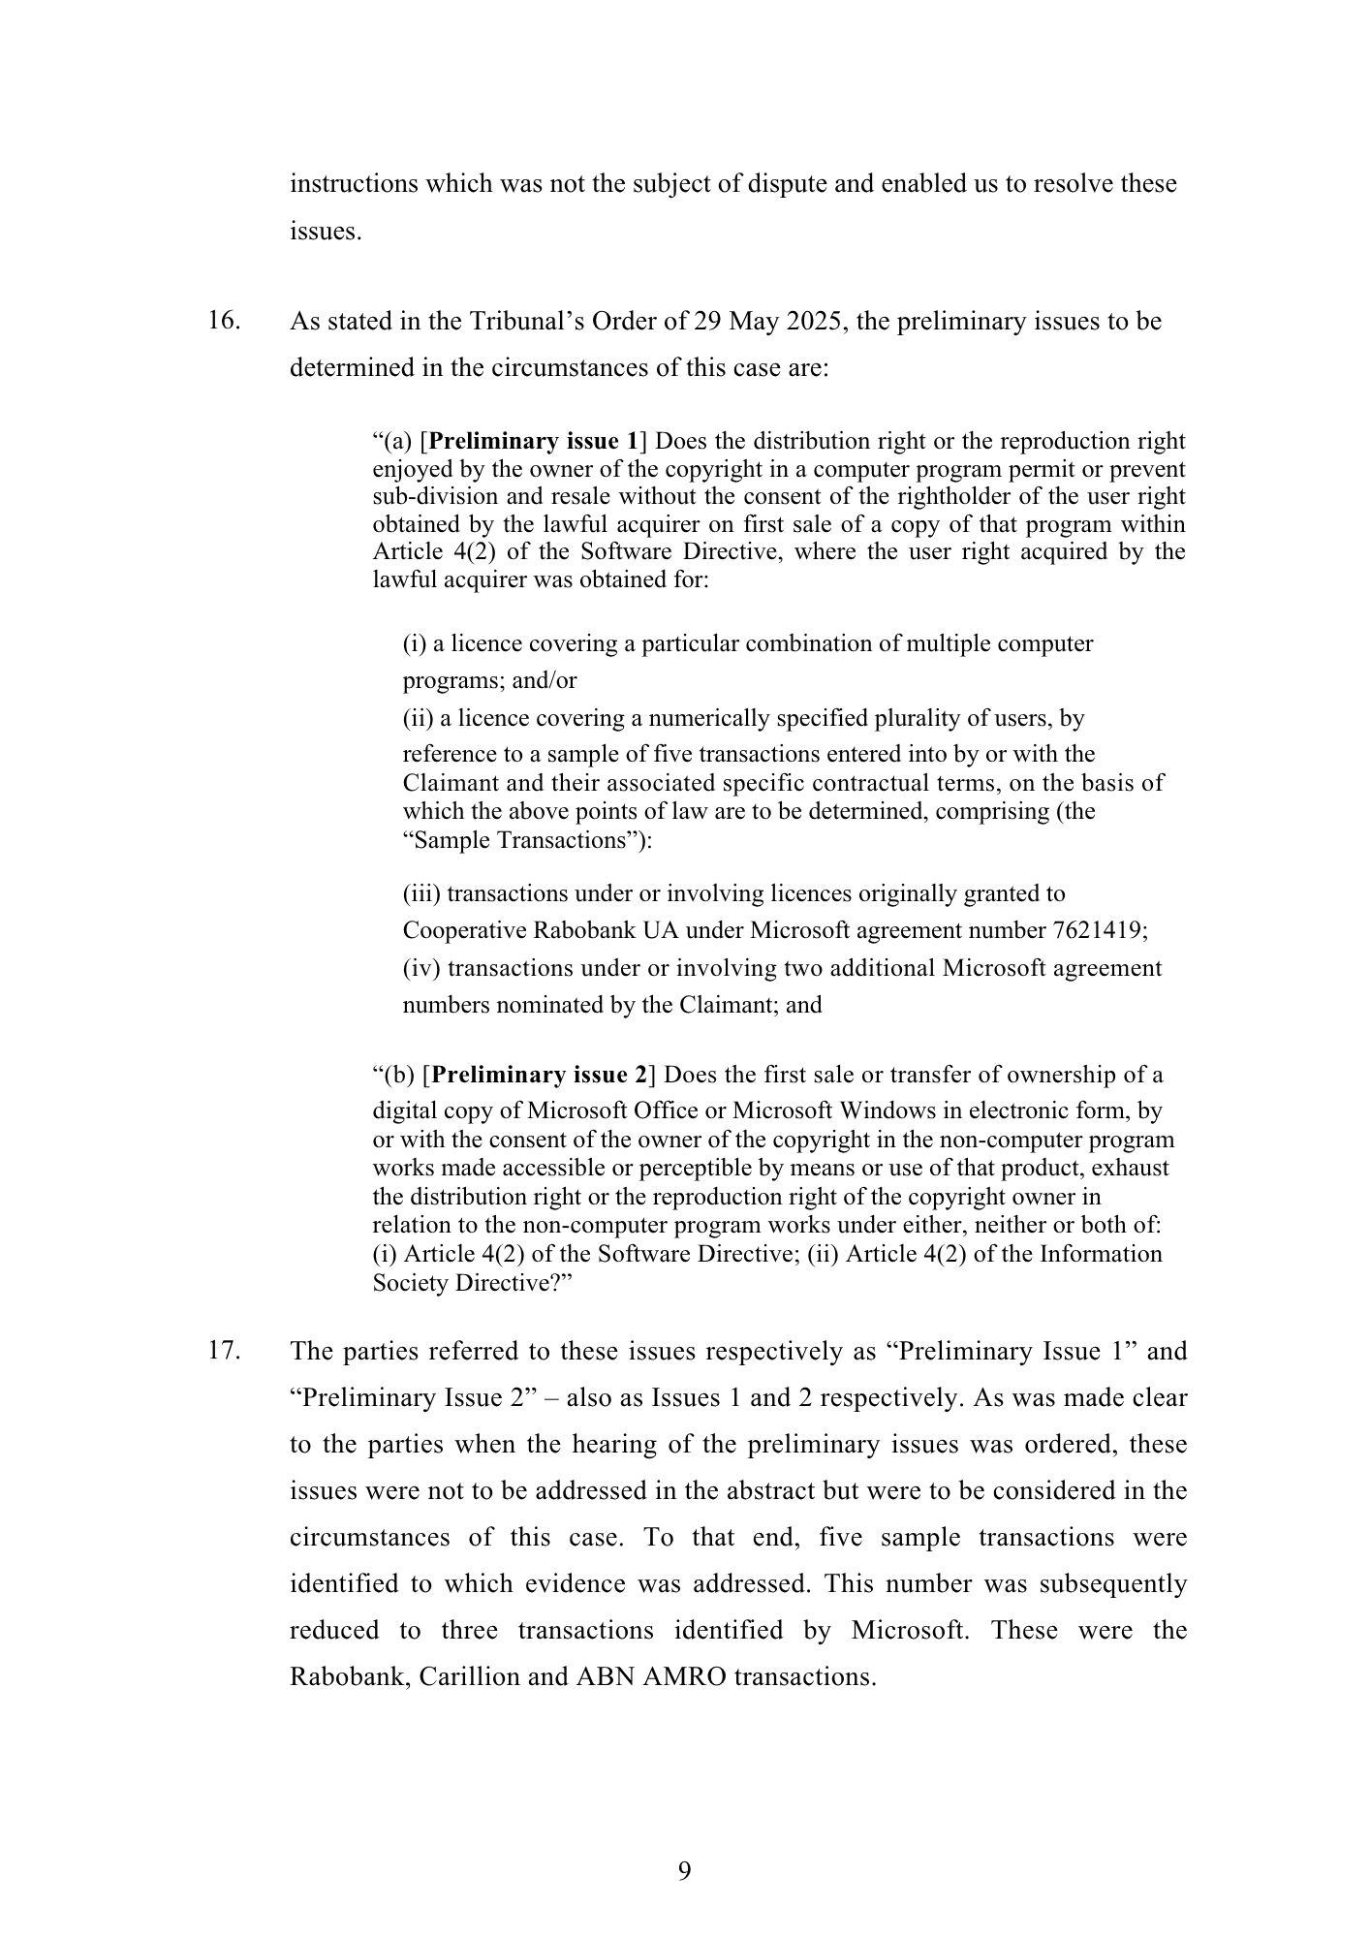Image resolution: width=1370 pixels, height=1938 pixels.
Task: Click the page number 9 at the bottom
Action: [684, 1871]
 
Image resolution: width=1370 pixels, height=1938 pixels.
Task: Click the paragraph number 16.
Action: [224, 321]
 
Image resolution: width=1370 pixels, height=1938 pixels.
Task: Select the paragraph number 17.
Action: [224, 1350]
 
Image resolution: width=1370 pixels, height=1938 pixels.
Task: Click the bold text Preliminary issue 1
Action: [533, 442]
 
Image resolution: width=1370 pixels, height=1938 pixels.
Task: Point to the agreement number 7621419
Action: [1099, 930]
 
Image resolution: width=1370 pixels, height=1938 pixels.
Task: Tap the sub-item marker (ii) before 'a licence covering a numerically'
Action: [418, 718]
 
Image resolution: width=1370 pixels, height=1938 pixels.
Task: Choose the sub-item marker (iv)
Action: [421, 968]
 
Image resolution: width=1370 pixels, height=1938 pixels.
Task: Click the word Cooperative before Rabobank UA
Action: [465, 930]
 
